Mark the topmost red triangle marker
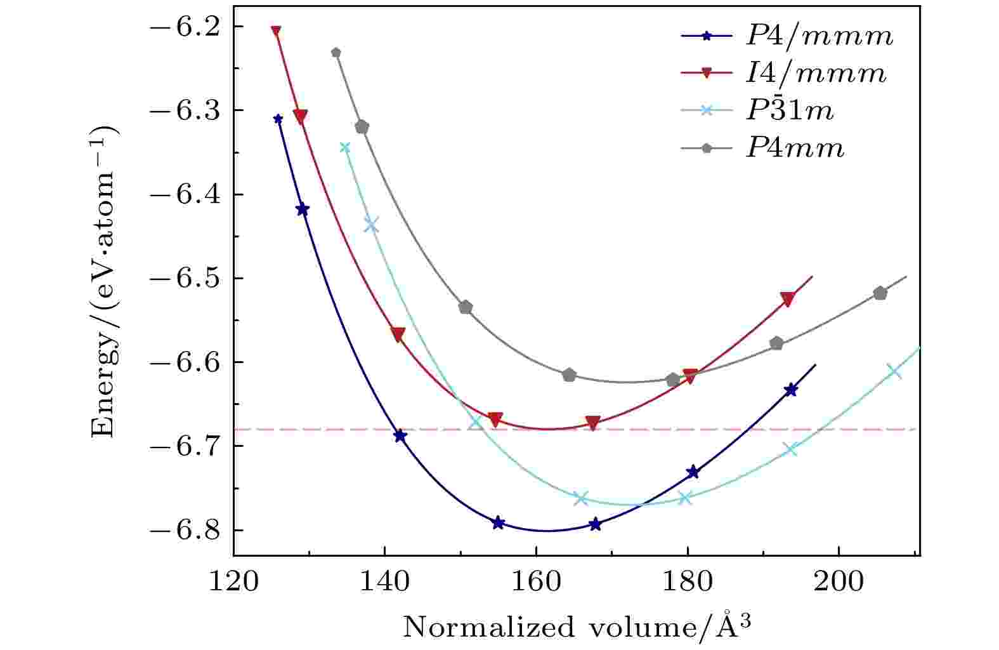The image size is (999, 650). pos(276,31)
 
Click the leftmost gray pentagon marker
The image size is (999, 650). pos(336,53)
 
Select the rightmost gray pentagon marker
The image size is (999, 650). pos(880,293)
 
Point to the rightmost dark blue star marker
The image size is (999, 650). pos(791,390)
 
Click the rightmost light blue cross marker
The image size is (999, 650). pos(894,371)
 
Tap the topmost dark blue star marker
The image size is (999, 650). pos(278,119)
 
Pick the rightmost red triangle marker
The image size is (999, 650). pos(788,300)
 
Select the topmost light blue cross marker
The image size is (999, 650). pos(345,147)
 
